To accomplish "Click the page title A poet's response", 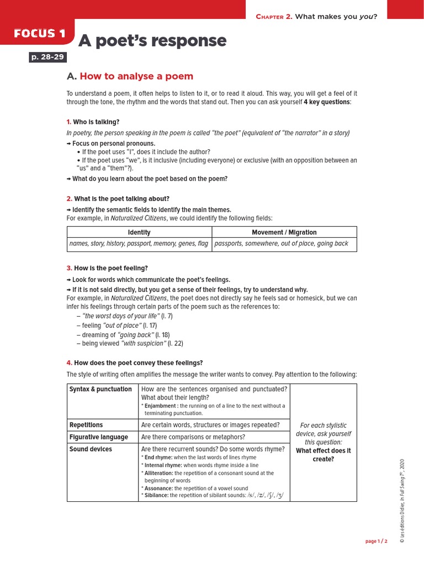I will (x=152, y=41).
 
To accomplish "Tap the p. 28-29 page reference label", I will (x=47, y=57).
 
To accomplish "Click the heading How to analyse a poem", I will (x=136, y=76).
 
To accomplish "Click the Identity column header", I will (x=139, y=232).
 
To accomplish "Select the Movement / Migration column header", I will (x=284, y=232).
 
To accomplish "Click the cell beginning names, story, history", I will (x=139, y=244).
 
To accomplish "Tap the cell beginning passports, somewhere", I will (x=281, y=244).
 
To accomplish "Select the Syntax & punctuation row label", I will (x=100, y=389).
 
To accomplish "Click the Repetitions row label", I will (x=86, y=425).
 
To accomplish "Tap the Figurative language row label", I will (x=98, y=437).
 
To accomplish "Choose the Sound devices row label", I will (x=91, y=449).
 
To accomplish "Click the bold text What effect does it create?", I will (x=323, y=455).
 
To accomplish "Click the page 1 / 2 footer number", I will (x=376, y=541).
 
